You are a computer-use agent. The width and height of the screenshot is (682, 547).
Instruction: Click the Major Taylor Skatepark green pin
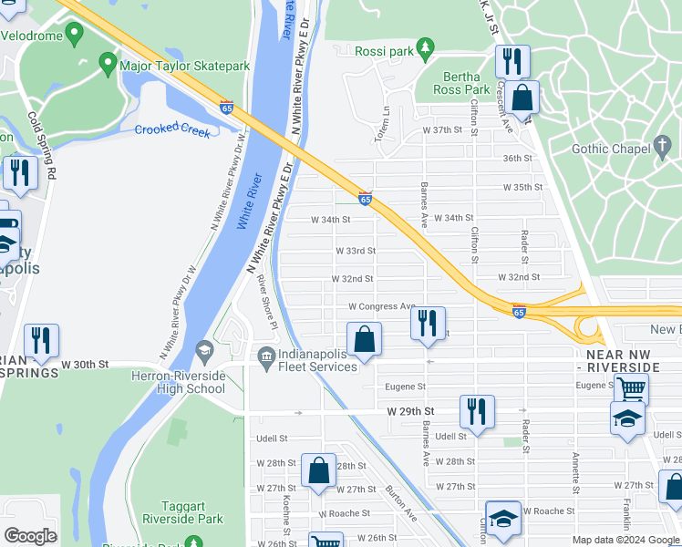tap(108, 64)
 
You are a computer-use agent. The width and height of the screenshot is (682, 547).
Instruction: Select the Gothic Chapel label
tap(609, 149)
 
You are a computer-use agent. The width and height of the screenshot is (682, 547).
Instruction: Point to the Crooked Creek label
tap(172, 130)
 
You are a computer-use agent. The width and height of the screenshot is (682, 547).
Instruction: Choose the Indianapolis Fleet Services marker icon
tap(266, 355)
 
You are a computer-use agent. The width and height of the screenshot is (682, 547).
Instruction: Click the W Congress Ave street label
tap(381, 306)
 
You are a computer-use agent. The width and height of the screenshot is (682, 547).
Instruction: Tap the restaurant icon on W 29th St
tap(477, 411)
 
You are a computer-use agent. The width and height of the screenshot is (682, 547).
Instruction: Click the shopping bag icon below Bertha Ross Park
tap(523, 98)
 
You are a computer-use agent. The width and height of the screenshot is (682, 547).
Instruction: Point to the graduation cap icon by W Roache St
tap(501, 519)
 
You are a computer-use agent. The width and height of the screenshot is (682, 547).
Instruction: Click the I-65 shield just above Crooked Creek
tap(226, 107)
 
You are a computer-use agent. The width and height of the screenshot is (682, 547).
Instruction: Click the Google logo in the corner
tap(30, 536)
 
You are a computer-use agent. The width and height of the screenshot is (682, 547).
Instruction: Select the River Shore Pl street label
tap(265, 302)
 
